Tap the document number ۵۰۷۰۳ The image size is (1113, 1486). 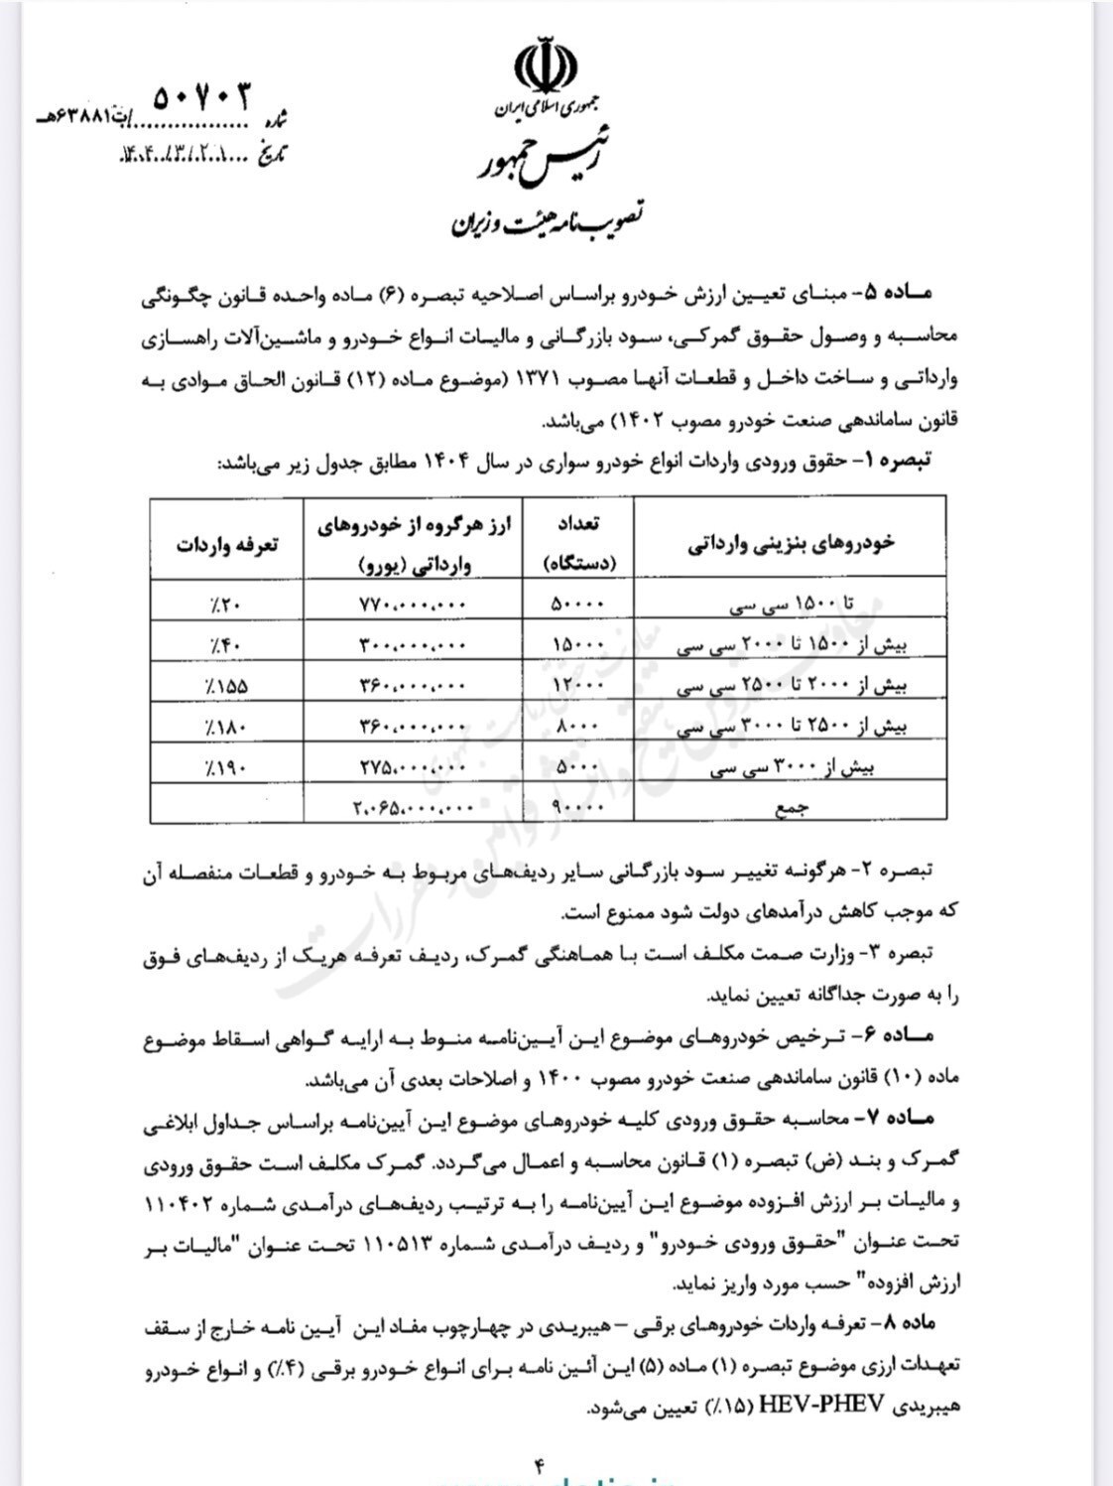pyautogui.click(x=203, y=96)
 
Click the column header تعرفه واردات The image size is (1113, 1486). pyautogui.click(x=227, y=544)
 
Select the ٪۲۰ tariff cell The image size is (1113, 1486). pyautogui.click(x=227, y=603)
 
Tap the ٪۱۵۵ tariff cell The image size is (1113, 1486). pyautogui.click(x=227, y=685)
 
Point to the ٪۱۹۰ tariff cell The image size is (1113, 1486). pyautogui.click(x=227, y=766)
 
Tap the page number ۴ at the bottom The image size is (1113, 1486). pyautogui.click(x=542, y=1465)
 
